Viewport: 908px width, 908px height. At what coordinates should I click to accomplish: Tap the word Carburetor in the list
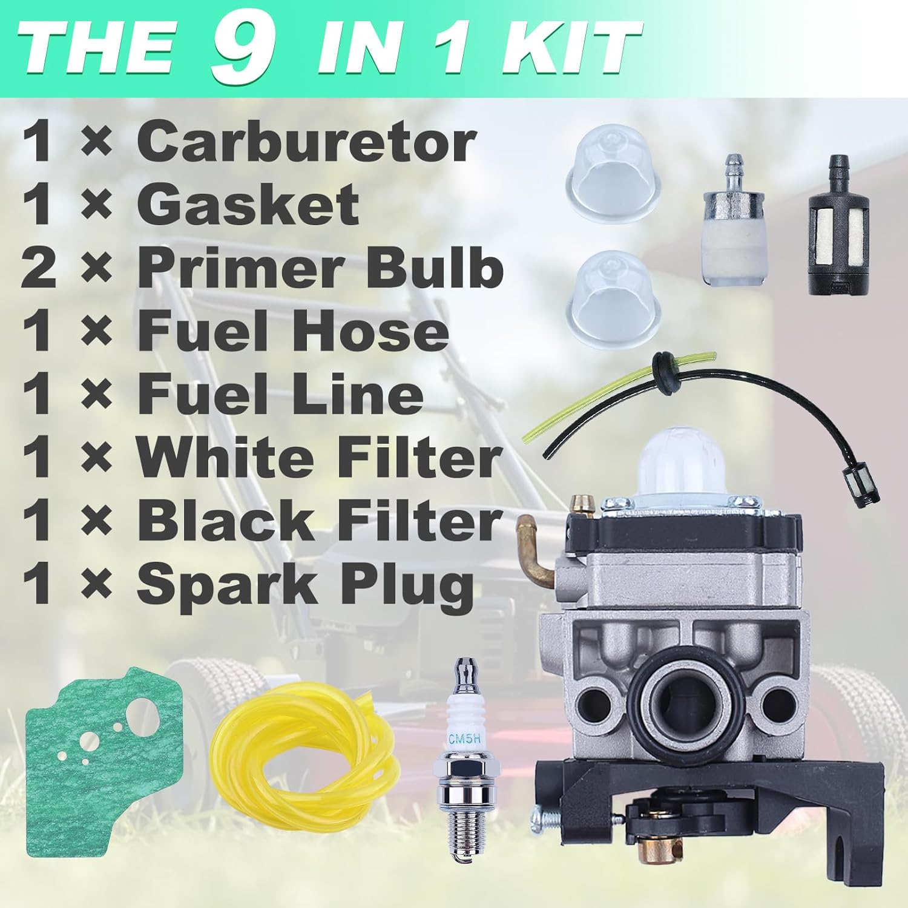pos(306,143)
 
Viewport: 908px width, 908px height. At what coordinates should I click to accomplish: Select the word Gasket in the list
pos(248,206)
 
